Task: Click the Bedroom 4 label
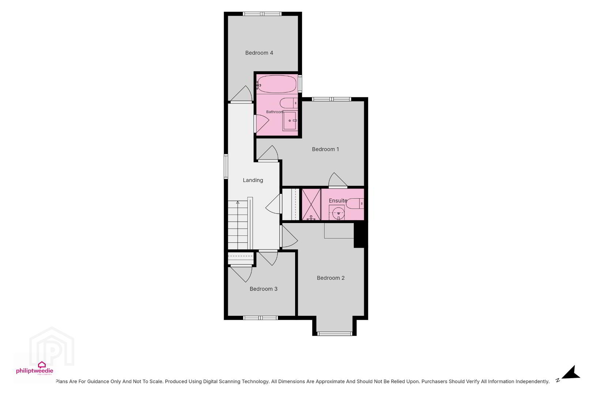pos(259,53)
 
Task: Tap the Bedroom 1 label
pos(325,149)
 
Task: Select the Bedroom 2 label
pos(331,278)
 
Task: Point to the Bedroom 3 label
pos(264,289)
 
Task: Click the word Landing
pos(253,180)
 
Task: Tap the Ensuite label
pos(338,201)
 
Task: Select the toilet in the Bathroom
pos(289,103)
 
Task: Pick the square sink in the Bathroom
pos(290,121)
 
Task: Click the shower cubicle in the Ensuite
pos(311,204)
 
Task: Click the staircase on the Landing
pos(238,225)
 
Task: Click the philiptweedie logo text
pos(35,371)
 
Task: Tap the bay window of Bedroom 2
pos(334,334)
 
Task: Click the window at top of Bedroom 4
pos(262,14)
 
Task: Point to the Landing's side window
pos(226,166)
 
